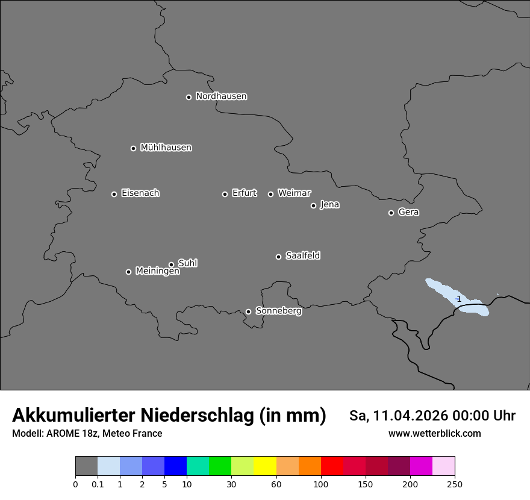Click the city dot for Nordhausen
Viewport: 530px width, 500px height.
pyautogui.click(x=189, y=97)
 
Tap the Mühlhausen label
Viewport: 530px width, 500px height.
pyautogui.click(x=166, y=148)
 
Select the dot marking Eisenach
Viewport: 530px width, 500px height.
pyautogui.click(x=114, y=194)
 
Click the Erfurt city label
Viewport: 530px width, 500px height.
pyautogui.click(x=244, y=193)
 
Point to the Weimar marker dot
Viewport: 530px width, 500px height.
pyautogui.click(x=270, y=194)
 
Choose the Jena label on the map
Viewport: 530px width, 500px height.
pyautogui.click(x=329, y=205)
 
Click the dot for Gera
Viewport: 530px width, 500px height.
pyautogui.click(x=391, y=213)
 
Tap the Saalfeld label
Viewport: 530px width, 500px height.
pyautogui.click(x=302, y=256)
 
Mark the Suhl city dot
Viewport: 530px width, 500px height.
pyautogui.click(x=171, y=264)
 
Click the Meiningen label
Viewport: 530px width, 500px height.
pyautogui.click(x=157, y=272)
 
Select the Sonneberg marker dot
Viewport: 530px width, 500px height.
pyautogui.click(x=248, y=311)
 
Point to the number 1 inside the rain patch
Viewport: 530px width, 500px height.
pyautogui.click(x=459, y=299)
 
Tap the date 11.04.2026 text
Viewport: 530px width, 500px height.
pyautogui.click(x=410, y=416)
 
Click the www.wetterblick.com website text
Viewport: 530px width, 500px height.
pyautogui.click(x=434, y=433)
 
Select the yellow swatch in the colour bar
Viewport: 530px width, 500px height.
pyautogui.click(x=265, y=466)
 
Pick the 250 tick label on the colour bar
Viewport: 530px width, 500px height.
pyautogui.click(x=455, y=484)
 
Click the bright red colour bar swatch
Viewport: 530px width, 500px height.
pyautogui.click(x=332, y=466)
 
